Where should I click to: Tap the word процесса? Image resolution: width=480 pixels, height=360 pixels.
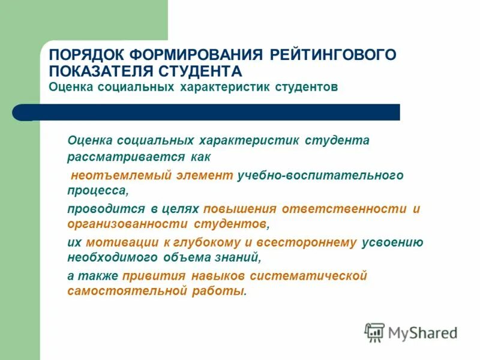click(98, 191)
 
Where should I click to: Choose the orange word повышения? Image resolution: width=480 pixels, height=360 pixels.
click(239, 209)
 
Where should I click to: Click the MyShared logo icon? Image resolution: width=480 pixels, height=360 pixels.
click(374, 332)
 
